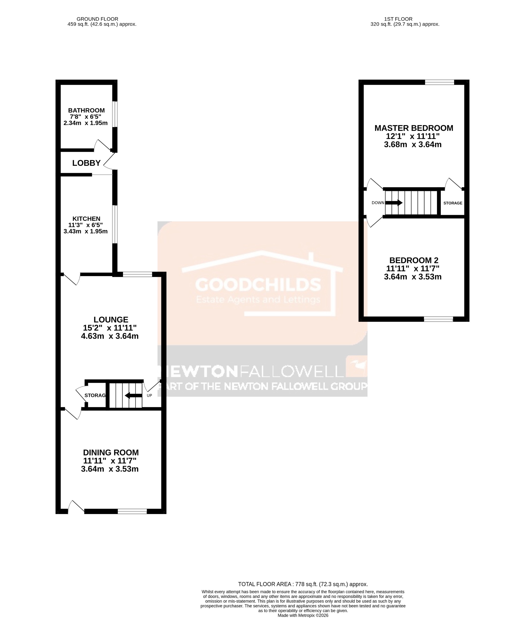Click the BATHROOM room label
pyautogui.click(x=86, y=110)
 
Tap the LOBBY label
pyautogui.click(x=86, y=163)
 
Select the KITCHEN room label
pyautogui.click(x=86, y=219)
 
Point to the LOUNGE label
pyautogui.click(x=111, y=320)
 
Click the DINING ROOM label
pyautogui.click(x=111, y=452)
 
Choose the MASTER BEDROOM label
pyautogui.click(x=414, y=128)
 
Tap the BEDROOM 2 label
pyautogui.click(x=414, y=260)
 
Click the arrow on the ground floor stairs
pyautogui.click(x=133, y=395)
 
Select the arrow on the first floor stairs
pyautogui.click(x=394, y=203)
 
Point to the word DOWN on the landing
pyautogui.click(x=378, y=203)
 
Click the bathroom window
pyautogui.click(x=115, y=114)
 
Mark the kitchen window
pyautogui.click(x=115, y=224)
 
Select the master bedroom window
pyautogui.click(x=440, y=82)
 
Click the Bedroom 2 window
pyautogui.click(x=438, y=319)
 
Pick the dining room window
pyautogui.click(x=132, y=512)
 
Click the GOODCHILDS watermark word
pyautogui.click(x=258, y=285)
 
